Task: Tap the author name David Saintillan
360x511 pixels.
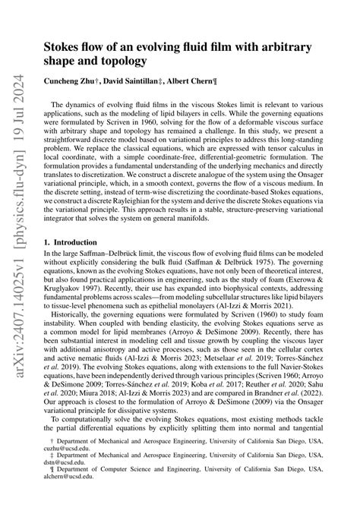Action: click(126, 80)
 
